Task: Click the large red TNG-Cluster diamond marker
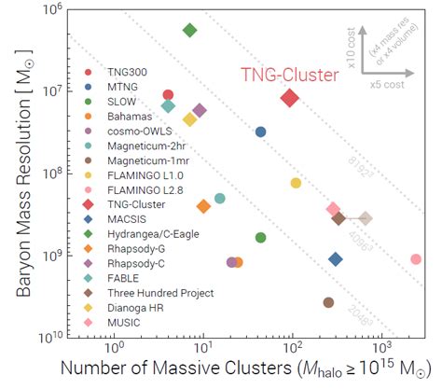tap(290, 98)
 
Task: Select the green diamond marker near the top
tap(190, 30)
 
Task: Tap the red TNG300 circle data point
tap(168, 95)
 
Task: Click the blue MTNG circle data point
tap(261, 132)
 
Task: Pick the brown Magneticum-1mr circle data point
tap(328, 302)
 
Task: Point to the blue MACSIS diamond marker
tap(336, 259)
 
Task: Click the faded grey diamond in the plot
tap(366, 218)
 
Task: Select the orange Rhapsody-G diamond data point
tap(203, 206)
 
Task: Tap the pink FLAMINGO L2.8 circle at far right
tap(416, 259)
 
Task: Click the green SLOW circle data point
tap(261, 237)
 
